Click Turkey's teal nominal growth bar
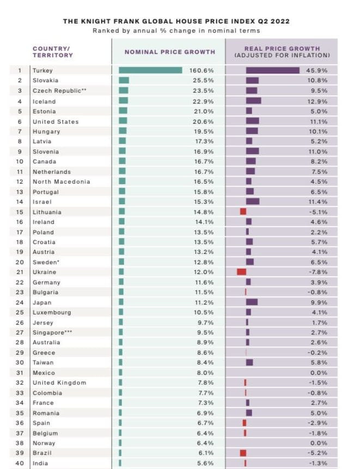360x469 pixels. [150, 70]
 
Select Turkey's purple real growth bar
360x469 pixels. [272, 70]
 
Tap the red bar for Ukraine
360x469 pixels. [241, 272]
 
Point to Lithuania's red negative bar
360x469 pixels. [243, 211]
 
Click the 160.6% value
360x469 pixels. [202, 70]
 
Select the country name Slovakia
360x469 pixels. [45, 81]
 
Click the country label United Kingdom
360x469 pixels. [59, 382]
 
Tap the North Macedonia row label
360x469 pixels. [61, 181]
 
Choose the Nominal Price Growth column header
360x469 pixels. [170, 52]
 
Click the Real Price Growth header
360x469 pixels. [282, 52]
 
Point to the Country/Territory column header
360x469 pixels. [52, 52]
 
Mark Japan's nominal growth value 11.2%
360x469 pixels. [205, 302]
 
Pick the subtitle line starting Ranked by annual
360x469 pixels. [176, 31]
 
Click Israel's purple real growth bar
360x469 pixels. [253, 202]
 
